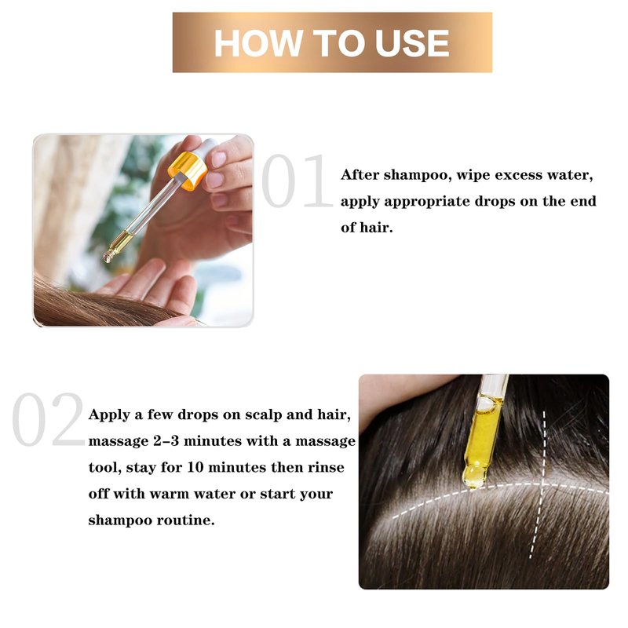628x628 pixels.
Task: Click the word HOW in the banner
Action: (x=258, y=43)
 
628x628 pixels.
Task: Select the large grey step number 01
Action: (x=297, y=181)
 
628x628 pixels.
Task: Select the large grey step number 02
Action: (x=49, y=419)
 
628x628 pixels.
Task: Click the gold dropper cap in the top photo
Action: (x=188, y=170)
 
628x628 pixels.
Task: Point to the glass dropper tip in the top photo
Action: (x=108, y=257)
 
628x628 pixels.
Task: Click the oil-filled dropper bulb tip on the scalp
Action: (x=474, y=476)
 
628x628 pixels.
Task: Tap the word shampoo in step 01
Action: (x=415, y=175)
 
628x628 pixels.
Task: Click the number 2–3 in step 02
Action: (x=166, y=441)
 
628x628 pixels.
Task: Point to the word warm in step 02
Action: (x=168, y=495)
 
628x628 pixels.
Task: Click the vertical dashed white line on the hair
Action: (x=538, y=484)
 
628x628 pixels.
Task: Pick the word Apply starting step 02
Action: (x=108, y=415)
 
